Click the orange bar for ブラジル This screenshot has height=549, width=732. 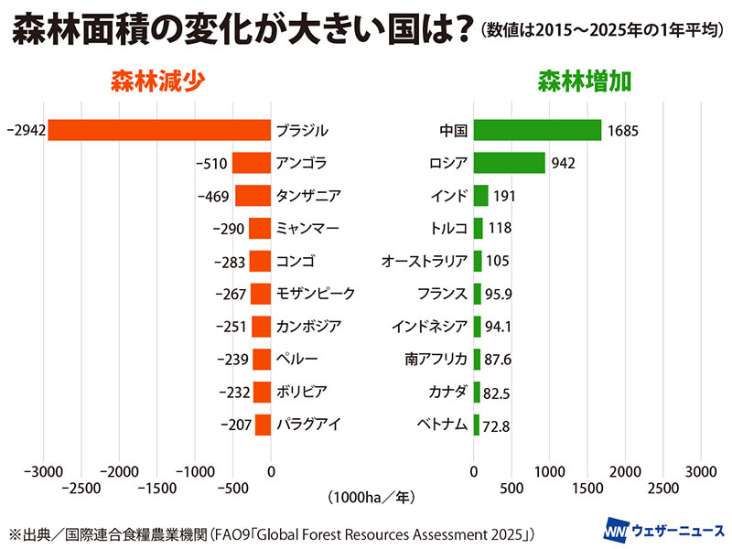159,130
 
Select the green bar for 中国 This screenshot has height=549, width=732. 537,130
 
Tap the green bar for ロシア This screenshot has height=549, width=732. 510,163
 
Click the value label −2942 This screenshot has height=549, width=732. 24,131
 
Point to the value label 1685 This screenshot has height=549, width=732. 622,131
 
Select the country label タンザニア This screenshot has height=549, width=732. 308,196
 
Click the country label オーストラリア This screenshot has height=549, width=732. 425,262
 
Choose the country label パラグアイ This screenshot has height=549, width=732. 308,425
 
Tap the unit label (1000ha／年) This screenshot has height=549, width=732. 371,498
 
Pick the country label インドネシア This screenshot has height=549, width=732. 429,327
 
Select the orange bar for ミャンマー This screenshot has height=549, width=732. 260,229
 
